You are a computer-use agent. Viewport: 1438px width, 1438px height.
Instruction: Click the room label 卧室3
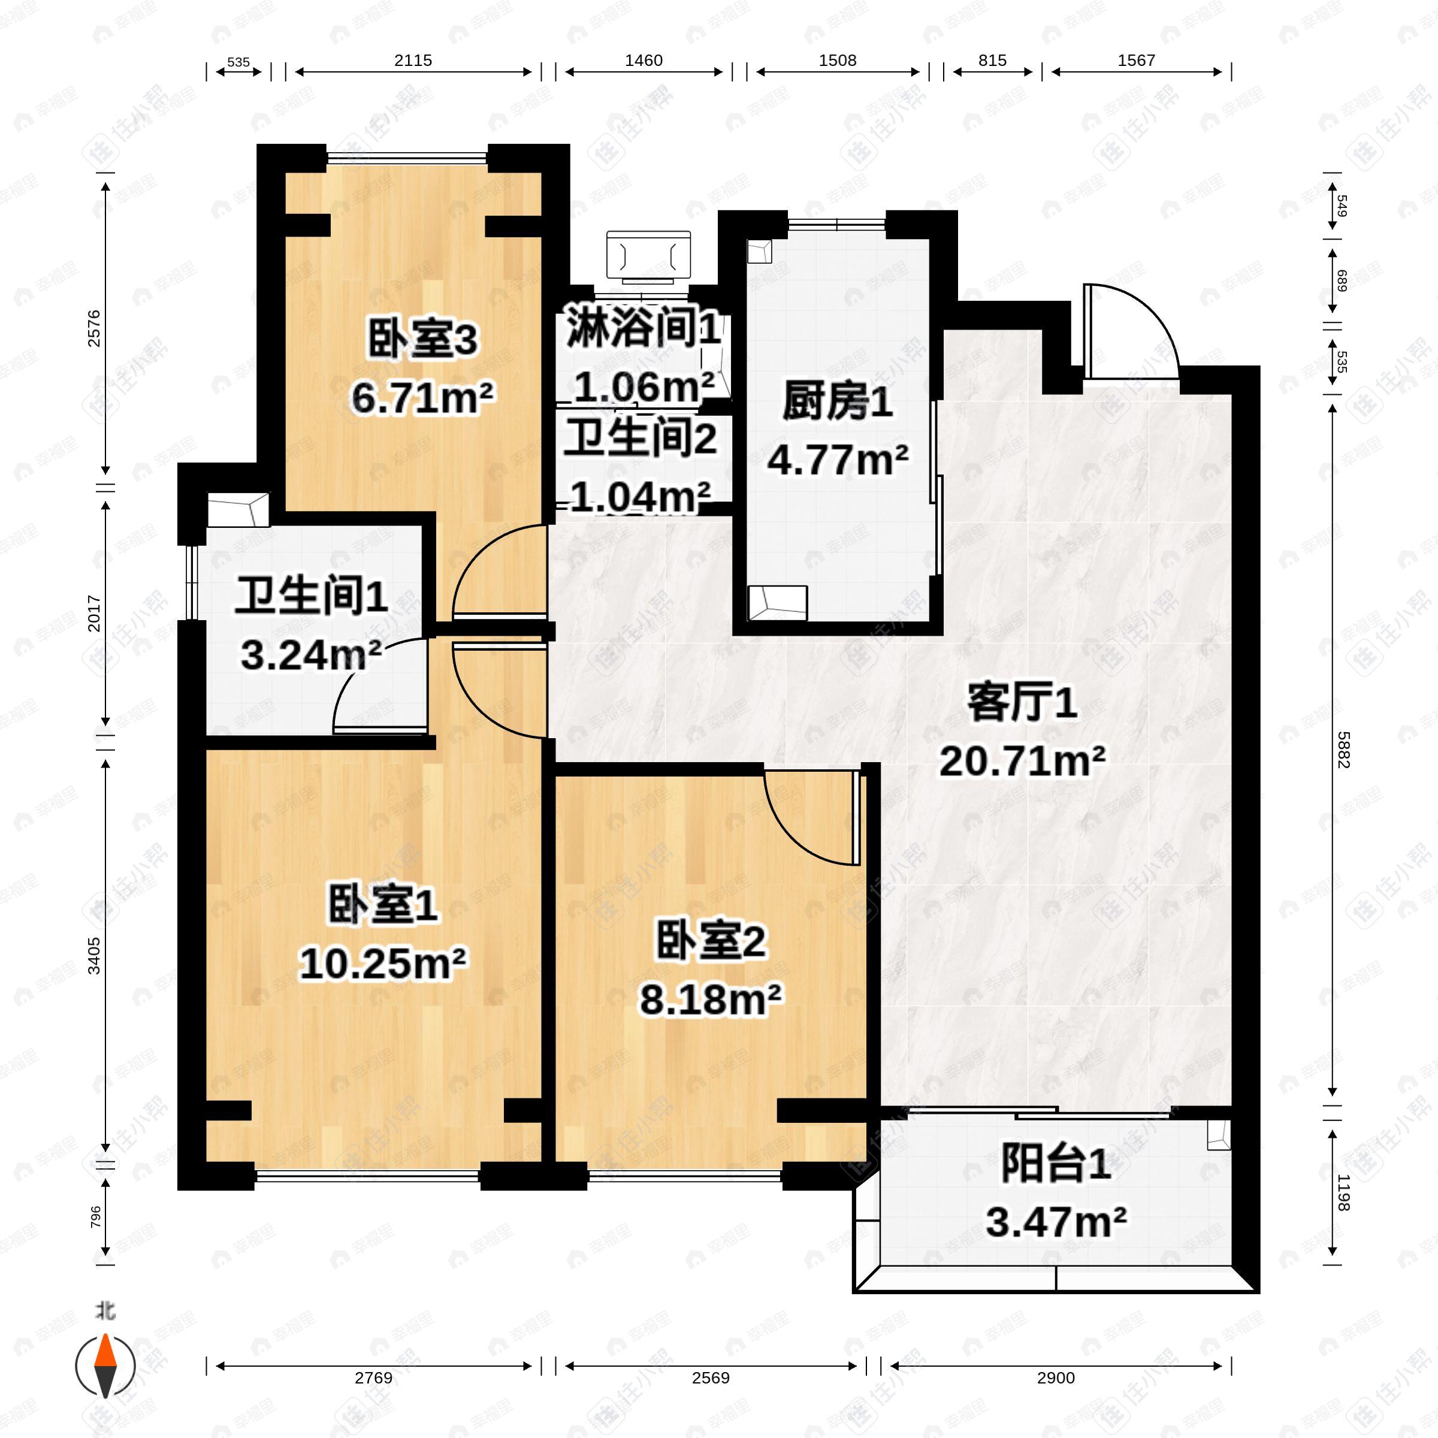(422, 340)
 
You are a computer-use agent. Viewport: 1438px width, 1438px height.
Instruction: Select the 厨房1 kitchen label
(838, 403)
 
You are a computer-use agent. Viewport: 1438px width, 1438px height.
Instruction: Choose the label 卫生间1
(311, 596)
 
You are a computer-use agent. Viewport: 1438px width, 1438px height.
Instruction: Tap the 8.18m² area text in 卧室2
(711, 999)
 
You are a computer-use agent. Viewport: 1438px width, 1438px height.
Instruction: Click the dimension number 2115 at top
(413, 61)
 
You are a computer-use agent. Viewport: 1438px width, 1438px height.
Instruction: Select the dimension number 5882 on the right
(1343, 750)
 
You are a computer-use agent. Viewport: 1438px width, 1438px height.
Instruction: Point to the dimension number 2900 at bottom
(1055, 1377)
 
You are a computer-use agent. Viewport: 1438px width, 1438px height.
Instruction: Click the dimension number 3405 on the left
(95, 956)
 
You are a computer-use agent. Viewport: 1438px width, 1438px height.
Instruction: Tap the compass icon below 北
(105, 1367)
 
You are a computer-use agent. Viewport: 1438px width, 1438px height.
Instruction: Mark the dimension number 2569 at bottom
(710, 1377)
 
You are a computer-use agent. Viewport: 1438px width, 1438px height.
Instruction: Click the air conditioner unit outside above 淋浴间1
(648, 257)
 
